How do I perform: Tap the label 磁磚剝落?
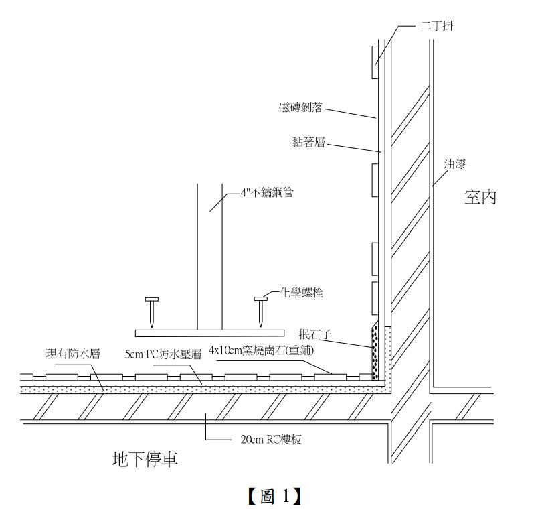point(300,107)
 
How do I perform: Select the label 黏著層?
point(308,143)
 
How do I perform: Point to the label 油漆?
point(455,163)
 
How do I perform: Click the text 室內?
point(480,197)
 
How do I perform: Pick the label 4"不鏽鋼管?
point(266,192)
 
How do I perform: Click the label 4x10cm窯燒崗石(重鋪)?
point(261,350)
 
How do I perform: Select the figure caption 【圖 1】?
point(272,496)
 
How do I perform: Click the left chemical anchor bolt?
point(152,311)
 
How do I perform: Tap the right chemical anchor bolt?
point(260,311)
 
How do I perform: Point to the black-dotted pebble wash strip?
point(375,352)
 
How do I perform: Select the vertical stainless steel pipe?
point(209,255)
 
